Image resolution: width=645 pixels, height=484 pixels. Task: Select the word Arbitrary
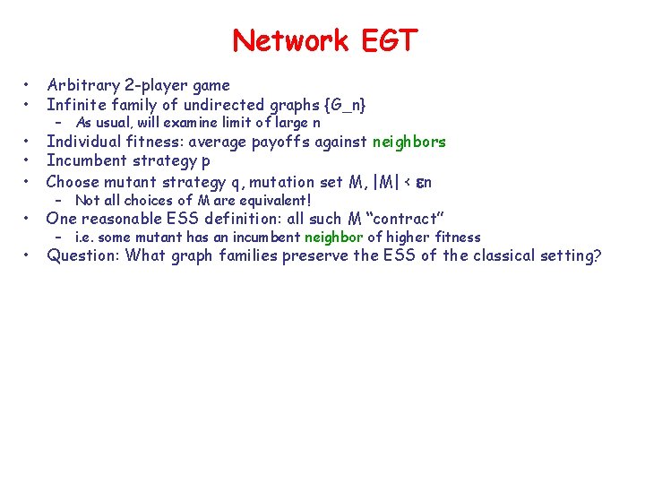tap(83, 85)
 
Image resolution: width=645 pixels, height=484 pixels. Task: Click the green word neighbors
tap(408, 142)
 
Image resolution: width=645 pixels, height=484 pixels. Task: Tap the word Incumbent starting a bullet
tap(87, 160)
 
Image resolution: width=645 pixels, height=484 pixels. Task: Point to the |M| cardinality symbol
tap(380, 181)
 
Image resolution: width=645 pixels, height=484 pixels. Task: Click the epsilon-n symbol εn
tap(424, 181)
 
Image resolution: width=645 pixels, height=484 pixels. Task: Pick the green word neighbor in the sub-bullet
tap(335, 238)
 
